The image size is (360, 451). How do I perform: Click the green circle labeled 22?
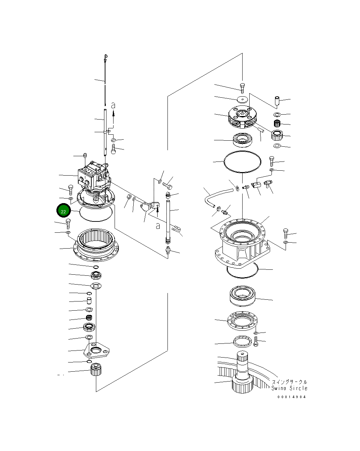click(x=63, y=211)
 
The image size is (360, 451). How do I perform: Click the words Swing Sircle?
click(x=289, y=388)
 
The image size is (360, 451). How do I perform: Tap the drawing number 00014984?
click(x=291, y=397)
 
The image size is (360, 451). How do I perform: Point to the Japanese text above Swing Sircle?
click(x=289, y=382)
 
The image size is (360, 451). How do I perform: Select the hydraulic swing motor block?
click(x=94, y=176)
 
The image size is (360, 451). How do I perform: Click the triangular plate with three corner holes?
click(x=96, y=351)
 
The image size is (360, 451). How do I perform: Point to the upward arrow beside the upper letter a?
click(x=114, y=113)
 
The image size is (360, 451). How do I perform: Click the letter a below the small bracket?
click(x=158, y=226)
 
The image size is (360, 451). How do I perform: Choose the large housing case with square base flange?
click(x=243, y=243)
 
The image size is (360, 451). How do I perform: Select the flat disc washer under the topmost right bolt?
click(x=242, y=99)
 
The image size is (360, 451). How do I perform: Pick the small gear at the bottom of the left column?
click(x=96, y=370)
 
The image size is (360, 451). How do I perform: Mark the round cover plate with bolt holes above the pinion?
click(x=243, y=321)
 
